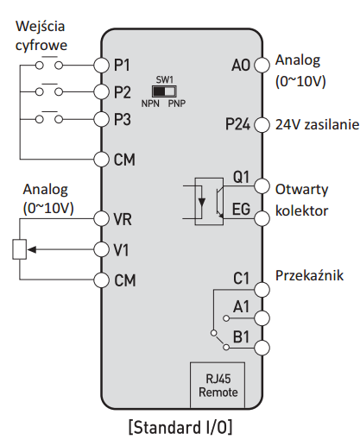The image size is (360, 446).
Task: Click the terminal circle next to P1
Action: click(101, 66)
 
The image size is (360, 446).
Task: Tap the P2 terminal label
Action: click(123, 92)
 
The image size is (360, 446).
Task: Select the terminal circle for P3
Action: click(101, 119)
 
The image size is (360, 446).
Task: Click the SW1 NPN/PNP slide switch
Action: click(164, 91)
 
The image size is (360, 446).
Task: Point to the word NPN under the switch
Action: click(150, 104)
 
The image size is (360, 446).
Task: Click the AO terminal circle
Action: click(262, 65)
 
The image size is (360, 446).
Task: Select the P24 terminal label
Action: click(237, 124)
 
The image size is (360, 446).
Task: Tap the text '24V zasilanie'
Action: click(317, 124)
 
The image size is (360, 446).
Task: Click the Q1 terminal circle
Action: click(262, 186)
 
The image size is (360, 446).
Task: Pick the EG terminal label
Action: click(241, 209)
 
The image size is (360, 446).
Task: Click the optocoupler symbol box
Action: click(209, 201)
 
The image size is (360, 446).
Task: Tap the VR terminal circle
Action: click(101, 218)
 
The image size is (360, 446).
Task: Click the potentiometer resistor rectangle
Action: click(20, 249)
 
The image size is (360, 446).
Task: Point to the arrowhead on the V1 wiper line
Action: click(32, 249)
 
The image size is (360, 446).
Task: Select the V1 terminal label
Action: click(121, 250)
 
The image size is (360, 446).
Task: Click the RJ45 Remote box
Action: click(218, 385)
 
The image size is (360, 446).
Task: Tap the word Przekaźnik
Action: click(309, 275)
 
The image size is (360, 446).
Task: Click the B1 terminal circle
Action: click(262, 348)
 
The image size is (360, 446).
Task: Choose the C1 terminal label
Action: click(241, 279)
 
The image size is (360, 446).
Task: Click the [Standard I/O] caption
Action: click(180, 427)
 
